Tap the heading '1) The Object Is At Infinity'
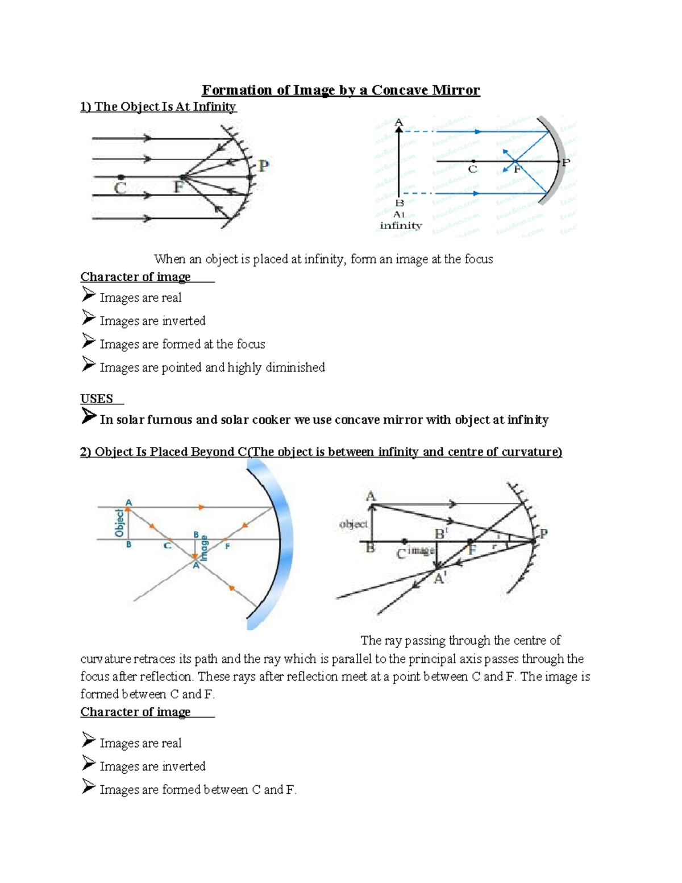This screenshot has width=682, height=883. point(158,107)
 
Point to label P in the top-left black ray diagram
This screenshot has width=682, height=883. point(263,167)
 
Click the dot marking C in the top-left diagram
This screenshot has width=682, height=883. point(120,177)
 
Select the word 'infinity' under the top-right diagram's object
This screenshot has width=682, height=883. point(401,226)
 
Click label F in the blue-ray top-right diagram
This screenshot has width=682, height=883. point(517,169)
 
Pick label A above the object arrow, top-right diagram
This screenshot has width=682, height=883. point(398,122)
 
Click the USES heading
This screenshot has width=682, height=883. point(97,399)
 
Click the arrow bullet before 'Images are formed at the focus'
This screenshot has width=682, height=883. point(88,341)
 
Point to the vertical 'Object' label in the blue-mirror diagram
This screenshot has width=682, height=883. point(119,523)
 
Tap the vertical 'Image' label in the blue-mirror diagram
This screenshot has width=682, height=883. point(204,548)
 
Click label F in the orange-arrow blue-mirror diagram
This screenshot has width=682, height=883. point(228,546)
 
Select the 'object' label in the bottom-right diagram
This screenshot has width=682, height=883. point(353,524)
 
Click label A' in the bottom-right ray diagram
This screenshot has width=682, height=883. point(440,578)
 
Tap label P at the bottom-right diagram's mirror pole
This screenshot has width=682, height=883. point(543,534)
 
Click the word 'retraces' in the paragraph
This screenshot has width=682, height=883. point(155,659)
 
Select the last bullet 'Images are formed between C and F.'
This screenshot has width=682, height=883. point(198,790)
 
